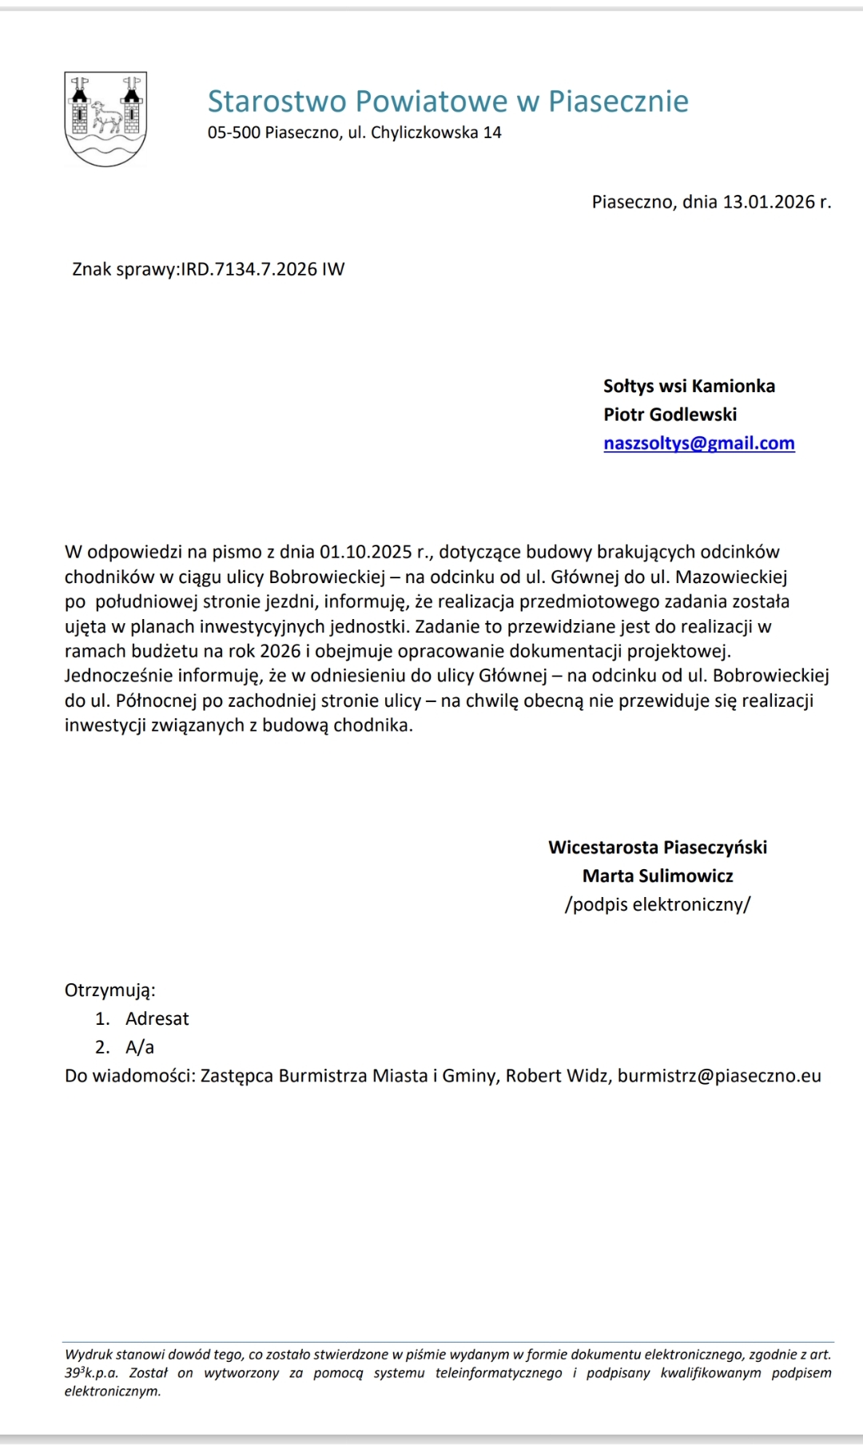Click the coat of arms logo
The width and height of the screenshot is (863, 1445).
[x=105, y=119]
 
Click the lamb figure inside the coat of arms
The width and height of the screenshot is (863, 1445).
[x=106, y=117]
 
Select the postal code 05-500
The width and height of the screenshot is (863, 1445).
[x=233, y=133]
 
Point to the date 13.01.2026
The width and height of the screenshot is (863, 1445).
[x=769, y=202]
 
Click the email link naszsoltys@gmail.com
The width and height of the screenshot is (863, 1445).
[x=699, y=443]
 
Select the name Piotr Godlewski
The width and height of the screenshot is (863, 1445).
[x=670, y=415]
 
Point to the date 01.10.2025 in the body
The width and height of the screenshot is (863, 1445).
[x=365, y=552]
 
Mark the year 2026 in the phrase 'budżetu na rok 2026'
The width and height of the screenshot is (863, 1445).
[x=280, y=651]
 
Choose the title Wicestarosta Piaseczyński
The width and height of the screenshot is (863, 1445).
[x=658, y=848]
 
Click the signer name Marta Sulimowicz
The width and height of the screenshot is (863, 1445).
[x=658, y=876]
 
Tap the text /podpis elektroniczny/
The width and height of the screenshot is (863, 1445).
[x=658, y=905]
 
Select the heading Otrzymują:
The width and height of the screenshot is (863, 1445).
[x=110, y=990]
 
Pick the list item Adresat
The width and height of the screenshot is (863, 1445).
[x=157, y=1019]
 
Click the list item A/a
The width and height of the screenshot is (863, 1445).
[x=140, y=1047]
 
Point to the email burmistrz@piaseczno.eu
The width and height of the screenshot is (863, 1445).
[x=719, y=1076]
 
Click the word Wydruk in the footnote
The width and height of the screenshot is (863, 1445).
[x=89, y=1354]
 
